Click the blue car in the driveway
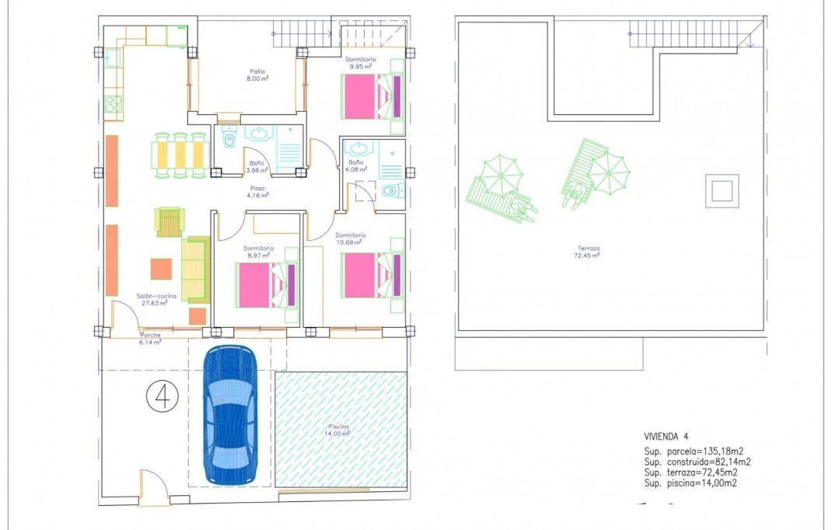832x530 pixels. pos(229,416)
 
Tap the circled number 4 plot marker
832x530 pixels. pos(163,397)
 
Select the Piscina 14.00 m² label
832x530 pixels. pos(338,430)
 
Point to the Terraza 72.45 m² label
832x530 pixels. pos(587,252)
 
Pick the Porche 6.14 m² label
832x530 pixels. pos(150,338)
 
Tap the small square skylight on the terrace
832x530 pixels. pos(722,190)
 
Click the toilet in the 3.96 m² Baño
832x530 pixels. pos(228,140)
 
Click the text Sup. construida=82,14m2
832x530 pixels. pos(697,462)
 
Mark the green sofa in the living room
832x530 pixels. pos(196,270)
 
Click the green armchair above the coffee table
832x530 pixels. pos(170,221)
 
